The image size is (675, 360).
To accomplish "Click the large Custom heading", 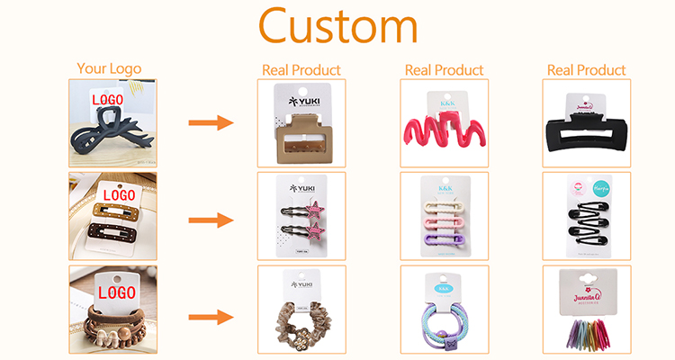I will click(x=337, y=28).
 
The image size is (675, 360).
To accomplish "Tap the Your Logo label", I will click(x=109, y=67).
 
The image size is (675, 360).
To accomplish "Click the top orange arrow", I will click(x=210, y=123).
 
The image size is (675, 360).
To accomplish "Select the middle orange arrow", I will click(x=210, y=220).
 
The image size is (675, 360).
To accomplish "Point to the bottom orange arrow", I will click(x=210, y=317).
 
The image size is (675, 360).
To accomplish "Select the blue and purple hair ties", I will click(x=444, y=325).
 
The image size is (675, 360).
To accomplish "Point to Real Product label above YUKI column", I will click(x=301, y=69).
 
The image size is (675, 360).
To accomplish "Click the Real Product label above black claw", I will click(x=588, y=69).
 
